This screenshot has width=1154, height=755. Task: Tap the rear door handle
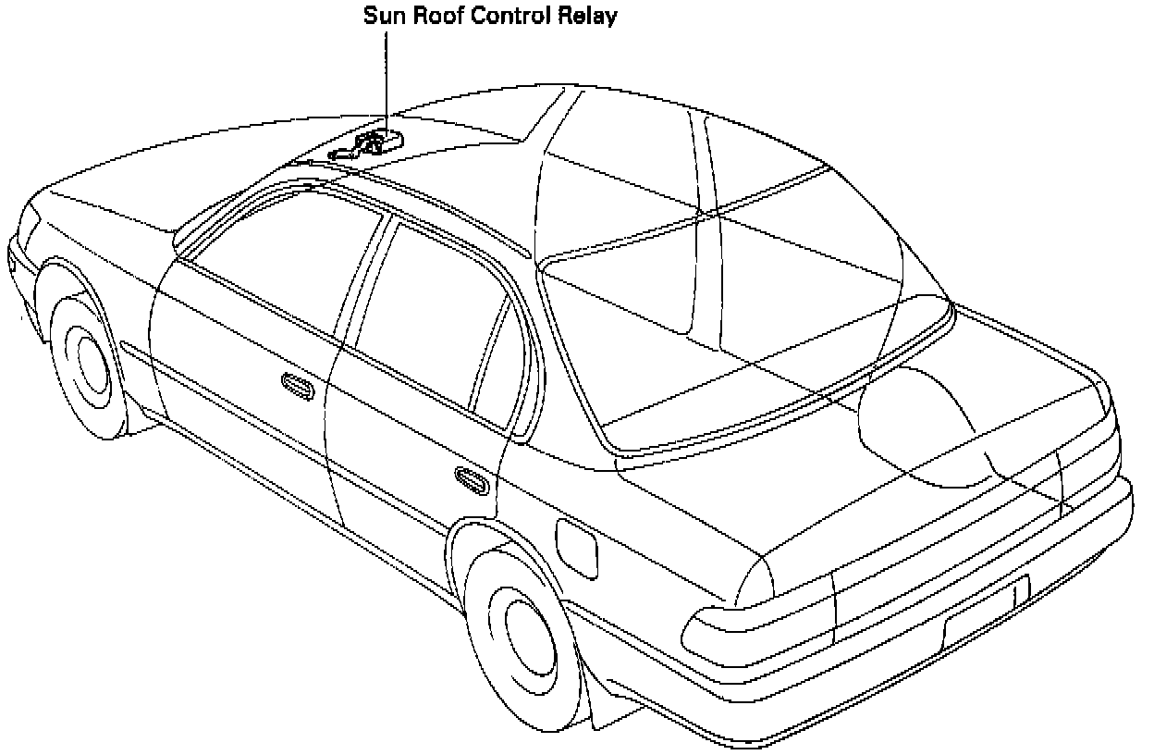coord(472,478)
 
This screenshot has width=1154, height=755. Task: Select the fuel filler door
coord(577,550)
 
